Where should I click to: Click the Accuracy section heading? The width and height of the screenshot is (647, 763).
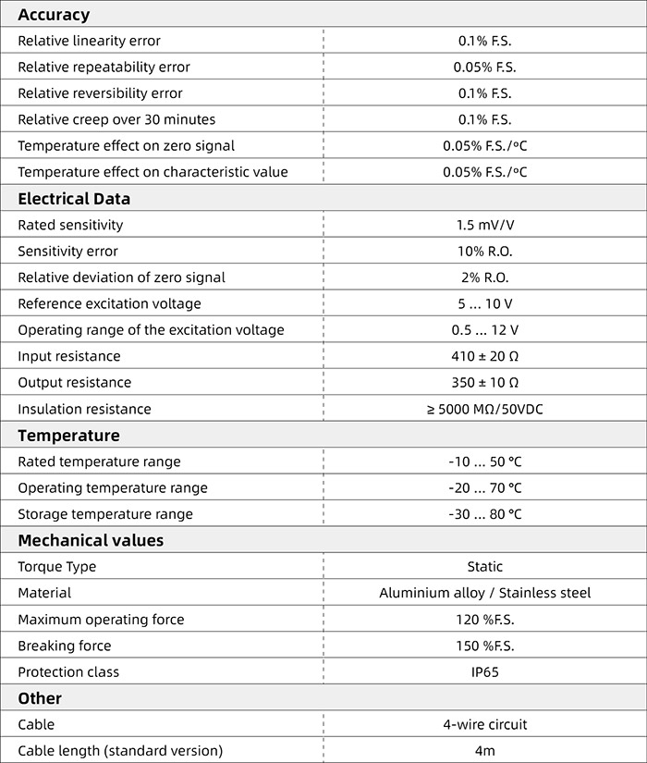54,15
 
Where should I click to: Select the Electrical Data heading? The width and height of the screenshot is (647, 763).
74,199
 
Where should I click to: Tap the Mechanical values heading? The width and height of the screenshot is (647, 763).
91,540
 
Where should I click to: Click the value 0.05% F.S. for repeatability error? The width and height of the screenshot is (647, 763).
484,68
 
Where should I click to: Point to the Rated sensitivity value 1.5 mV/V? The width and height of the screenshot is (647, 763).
484,225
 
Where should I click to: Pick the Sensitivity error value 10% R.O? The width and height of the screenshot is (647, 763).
484,252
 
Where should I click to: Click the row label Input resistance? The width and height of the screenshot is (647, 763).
69,356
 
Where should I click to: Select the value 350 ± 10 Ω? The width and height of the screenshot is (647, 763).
484,383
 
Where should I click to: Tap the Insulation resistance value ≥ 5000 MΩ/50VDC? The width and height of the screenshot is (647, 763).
484,409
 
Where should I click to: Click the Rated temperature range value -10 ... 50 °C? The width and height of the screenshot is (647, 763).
484,461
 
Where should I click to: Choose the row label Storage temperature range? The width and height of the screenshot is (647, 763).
105,514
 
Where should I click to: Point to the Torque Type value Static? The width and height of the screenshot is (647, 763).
484,567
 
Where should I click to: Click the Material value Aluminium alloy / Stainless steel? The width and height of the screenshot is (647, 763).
484,593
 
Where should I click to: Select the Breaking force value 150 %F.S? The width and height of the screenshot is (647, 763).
484,646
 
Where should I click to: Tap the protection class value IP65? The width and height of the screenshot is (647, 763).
484,672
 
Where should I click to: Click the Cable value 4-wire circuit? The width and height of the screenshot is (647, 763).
484,725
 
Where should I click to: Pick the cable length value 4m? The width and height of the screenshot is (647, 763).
484,751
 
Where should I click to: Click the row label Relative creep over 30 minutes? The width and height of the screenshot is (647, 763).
116,119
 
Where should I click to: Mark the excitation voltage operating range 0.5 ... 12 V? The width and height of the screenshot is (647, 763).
484,330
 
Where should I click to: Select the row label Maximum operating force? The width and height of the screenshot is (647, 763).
101,620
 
